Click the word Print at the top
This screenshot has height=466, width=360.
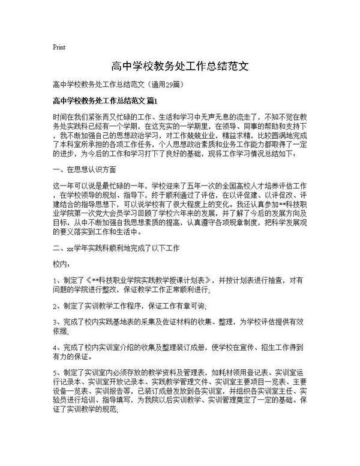click(x=59, y=46)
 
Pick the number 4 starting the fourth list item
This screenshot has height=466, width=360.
click(x=55, y=346)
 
